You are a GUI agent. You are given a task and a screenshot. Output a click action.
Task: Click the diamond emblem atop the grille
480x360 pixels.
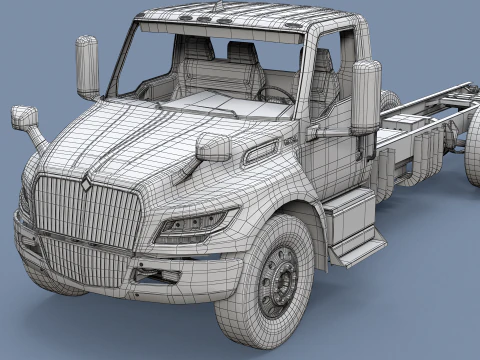pos(86,184)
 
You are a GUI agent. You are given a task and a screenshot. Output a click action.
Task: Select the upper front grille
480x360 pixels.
pos(90,213)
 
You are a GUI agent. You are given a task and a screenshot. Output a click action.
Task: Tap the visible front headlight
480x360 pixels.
pos(196,224)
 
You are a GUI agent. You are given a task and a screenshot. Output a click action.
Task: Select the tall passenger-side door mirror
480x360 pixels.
pos(88,67)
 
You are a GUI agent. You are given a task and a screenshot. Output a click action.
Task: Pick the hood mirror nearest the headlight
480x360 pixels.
pos(213,148)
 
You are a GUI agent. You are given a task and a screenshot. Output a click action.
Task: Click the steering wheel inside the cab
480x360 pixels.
pos(276,94)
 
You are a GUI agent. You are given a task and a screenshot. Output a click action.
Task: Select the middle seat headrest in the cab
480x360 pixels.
pos(241,51)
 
